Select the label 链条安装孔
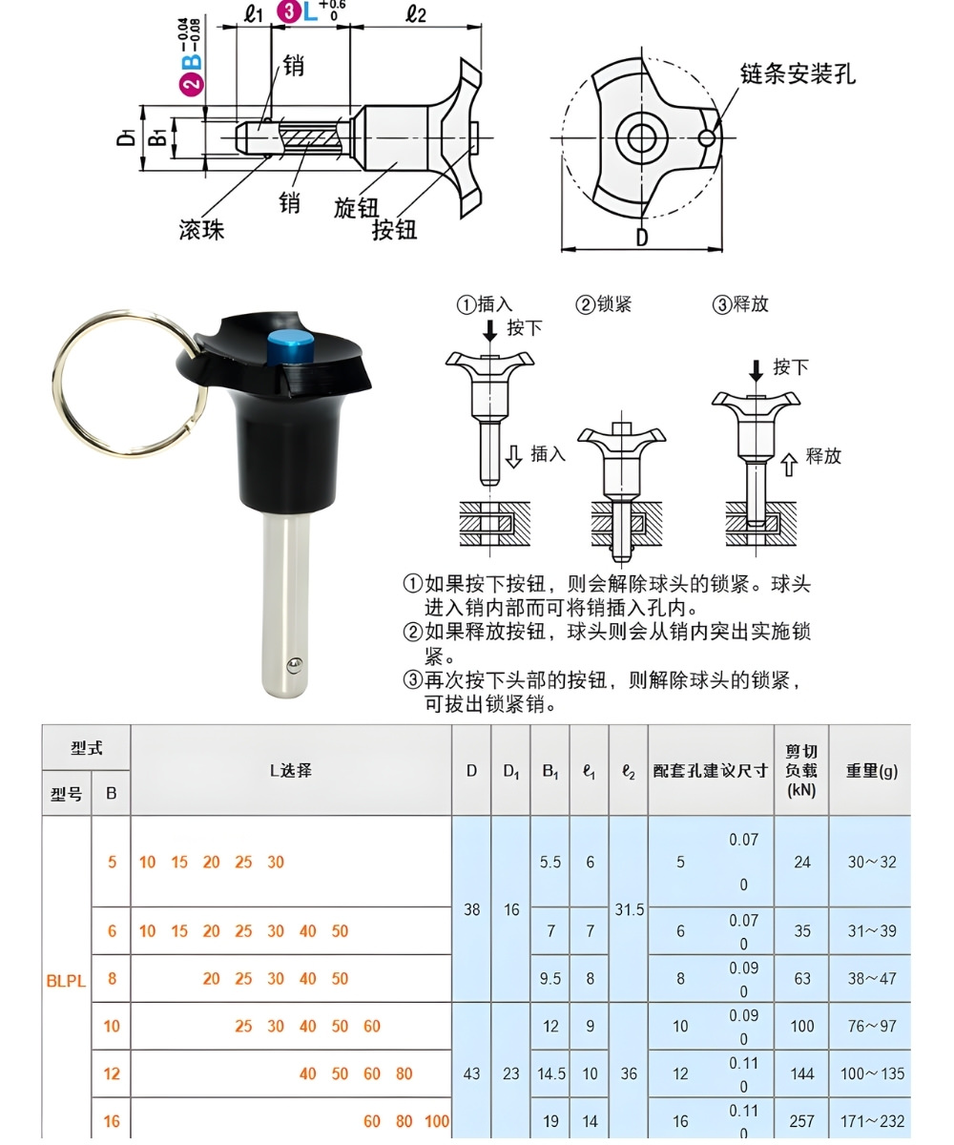pyautogui.click(x=798, y=73)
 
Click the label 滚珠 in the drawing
pyautogui.click(x=201, y=230)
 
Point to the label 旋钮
pyautogui.click(x=356, y=208)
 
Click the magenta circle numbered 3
pyautogui.click(x=288, y=11)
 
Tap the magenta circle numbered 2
pyautogui.click(x=192, y=83)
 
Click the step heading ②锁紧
pyautogui.click(x=603, y=304)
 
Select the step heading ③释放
pyautogui.click(x=740, y=304)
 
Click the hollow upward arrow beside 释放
pyautogui.click(x=788, y=466)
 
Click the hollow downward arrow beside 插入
pyautogui.click(x=513, y=457)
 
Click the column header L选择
pyautogui.click(x=290, y=771)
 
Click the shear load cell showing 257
pyautogui.click(x=801, y=1121)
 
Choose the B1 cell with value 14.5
pyautogui.click(x=550, y=1073)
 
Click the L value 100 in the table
pyautogui.click(x=437, y=1121)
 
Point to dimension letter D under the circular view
pyautogui.click(x=641, y=238)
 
